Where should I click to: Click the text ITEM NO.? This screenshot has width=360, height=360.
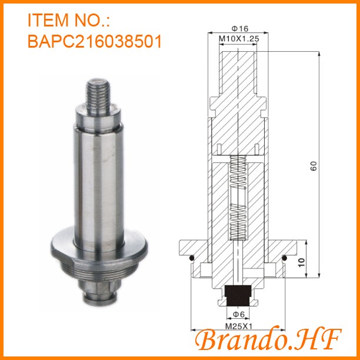point(69,21)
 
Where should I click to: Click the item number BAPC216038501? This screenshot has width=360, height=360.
point(94,42)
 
